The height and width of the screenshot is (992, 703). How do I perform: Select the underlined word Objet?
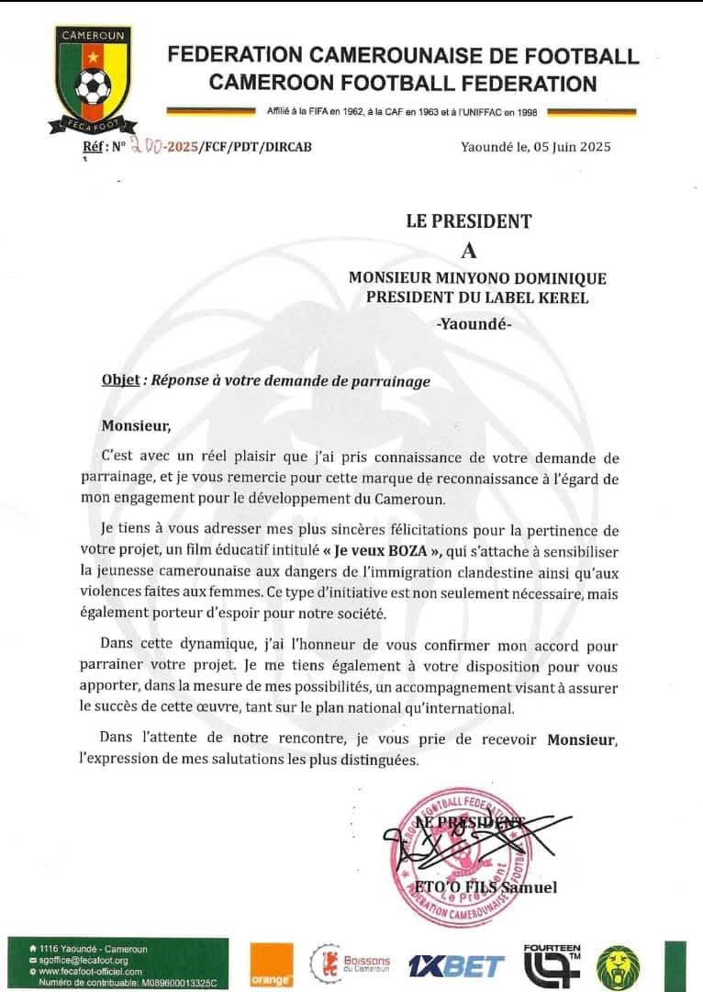(119, 381)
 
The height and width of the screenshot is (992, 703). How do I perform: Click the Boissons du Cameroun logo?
(351, 965)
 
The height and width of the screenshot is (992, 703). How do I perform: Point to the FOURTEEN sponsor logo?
(552, 964)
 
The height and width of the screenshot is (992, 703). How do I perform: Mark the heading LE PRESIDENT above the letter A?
(469, 220)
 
